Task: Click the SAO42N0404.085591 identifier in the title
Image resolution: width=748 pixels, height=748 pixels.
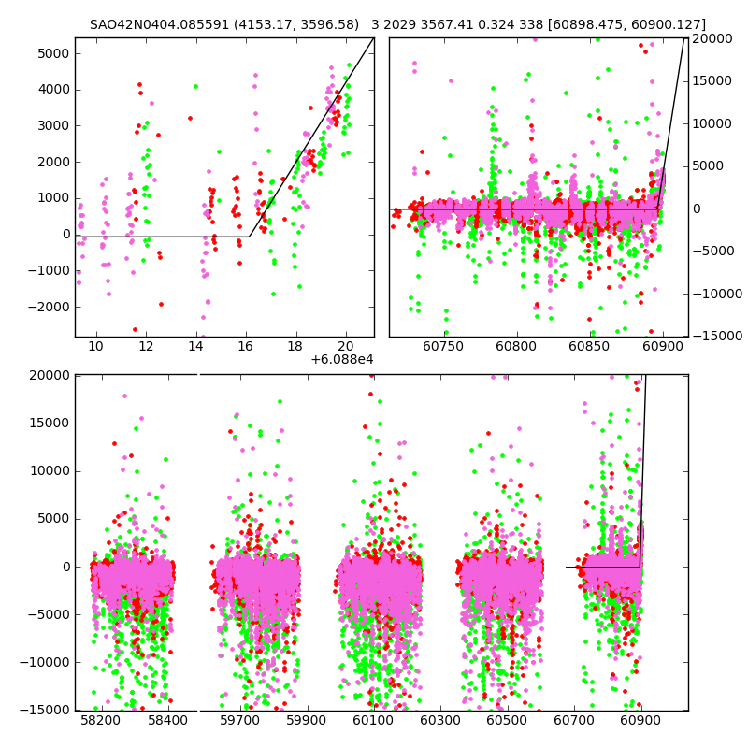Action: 163,25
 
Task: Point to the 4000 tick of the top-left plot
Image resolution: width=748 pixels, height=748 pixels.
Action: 54,90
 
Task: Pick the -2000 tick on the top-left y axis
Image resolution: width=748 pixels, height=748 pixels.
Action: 51,307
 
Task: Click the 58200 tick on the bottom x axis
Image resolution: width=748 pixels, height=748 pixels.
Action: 100,721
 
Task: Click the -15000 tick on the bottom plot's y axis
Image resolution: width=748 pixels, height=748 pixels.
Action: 47,711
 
